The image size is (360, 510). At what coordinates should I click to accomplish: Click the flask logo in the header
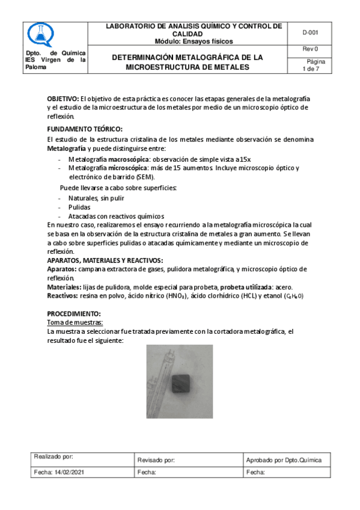(41, 35)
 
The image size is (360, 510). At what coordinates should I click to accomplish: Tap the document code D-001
(310, 33)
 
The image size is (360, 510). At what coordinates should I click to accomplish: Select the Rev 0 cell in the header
(310, 49)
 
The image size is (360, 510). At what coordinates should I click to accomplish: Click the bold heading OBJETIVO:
(63, 98)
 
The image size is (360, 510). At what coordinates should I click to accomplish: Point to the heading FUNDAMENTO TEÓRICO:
(85, 129)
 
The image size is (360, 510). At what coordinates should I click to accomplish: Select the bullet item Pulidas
(79, 207)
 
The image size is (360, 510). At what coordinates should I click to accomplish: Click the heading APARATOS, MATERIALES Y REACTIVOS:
(105, 260)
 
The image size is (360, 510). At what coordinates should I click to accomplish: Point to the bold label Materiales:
(64, 287)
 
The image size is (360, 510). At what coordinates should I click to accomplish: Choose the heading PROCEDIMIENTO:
(75, 314)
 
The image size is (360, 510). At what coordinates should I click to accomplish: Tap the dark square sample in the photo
(181, 381)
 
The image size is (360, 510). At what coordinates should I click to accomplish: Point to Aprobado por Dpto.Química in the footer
(284, 460)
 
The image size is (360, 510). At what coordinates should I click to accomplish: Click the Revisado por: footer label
(156, 460)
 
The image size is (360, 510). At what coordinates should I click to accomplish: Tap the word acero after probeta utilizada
(284, 287)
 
